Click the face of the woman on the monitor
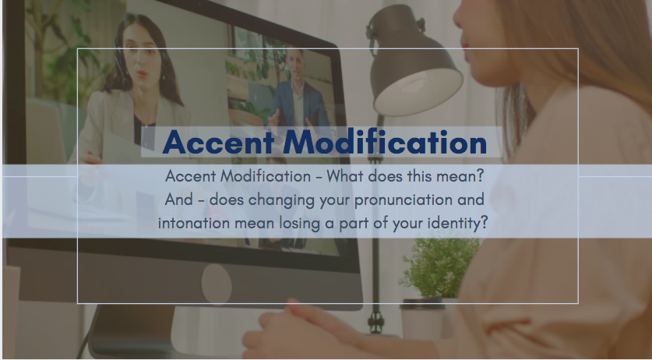[x=136, y=62]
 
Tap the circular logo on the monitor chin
[x=217, y=279]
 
